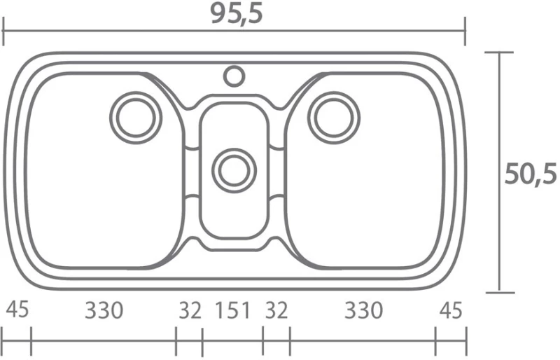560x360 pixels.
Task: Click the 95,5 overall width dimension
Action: (237, 14)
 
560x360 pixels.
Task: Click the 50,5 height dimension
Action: (531, 174)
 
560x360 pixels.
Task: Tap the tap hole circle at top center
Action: (234, 76)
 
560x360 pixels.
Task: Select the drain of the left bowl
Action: (136, 118)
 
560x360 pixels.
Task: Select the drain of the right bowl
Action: (334, 118)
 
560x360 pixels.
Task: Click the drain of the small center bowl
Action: (234, 170)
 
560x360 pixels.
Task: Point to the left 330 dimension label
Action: (104, 310)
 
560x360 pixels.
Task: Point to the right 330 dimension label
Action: (363, 310)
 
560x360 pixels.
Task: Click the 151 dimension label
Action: (232, 310)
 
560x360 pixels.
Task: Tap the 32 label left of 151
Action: (190, 310)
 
